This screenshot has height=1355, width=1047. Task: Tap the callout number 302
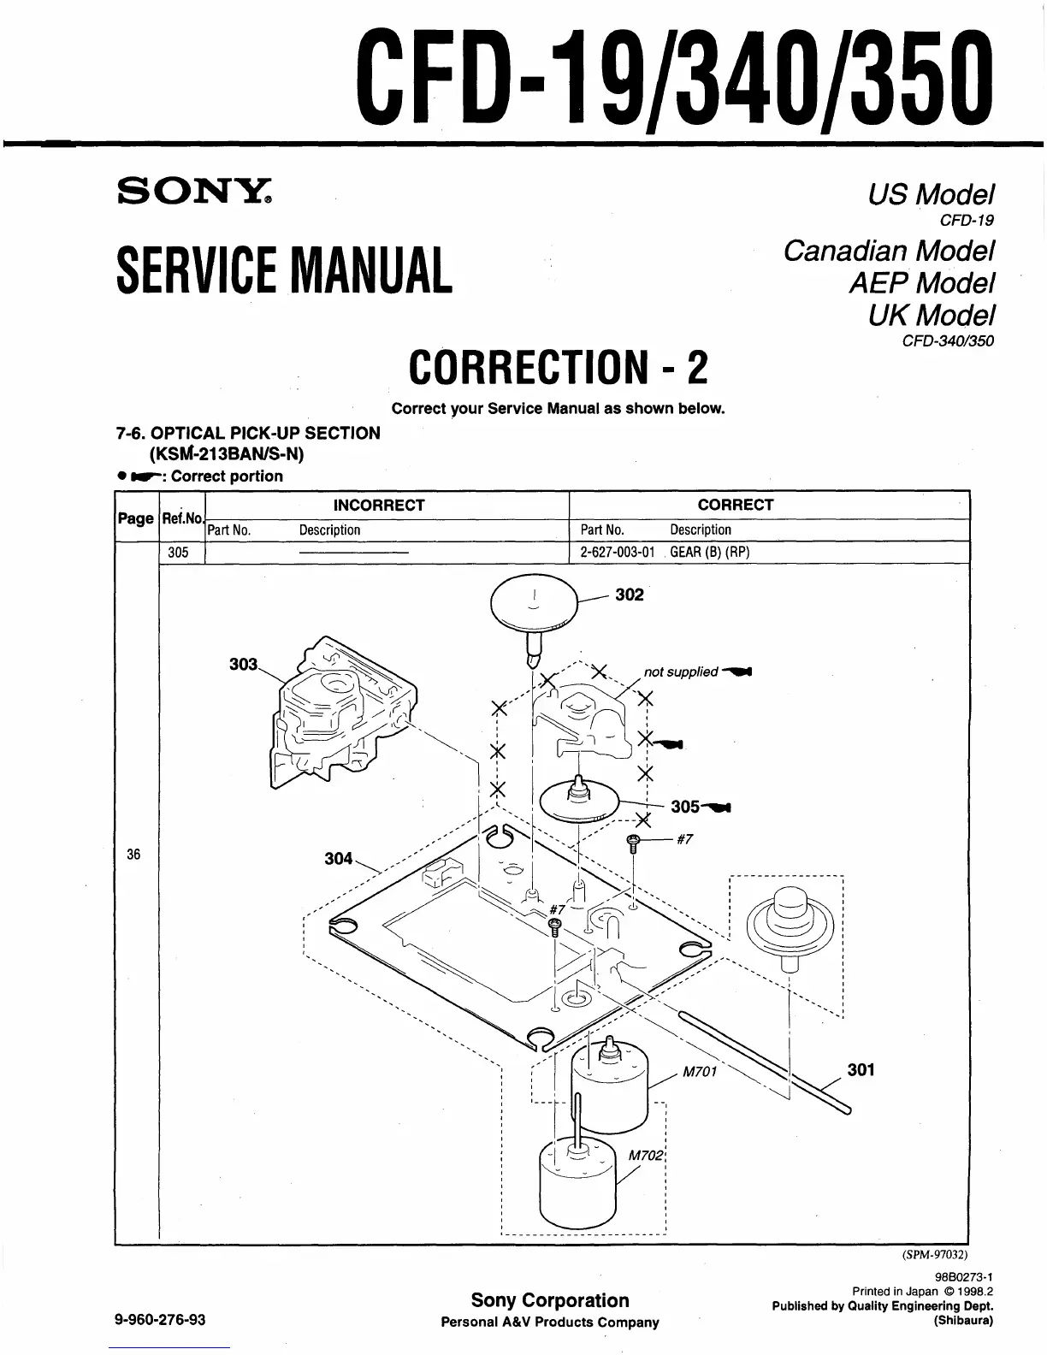629,595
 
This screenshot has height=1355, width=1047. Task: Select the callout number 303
244,664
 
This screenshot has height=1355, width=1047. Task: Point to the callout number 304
339,858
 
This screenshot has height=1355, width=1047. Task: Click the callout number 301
861,1069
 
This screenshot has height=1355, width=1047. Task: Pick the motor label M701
699,1072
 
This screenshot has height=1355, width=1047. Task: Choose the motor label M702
646,1155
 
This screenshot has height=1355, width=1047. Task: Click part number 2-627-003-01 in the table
617,552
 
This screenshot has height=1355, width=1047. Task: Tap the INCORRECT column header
379,506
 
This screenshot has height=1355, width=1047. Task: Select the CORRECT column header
735,506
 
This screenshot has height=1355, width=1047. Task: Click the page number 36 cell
133,855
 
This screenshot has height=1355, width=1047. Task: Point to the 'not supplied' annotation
680,672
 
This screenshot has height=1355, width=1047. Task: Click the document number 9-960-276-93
160,1320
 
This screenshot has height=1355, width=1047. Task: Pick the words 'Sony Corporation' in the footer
550,1300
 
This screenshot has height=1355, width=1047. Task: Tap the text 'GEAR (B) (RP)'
709,552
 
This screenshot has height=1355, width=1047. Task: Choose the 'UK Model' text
932,316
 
